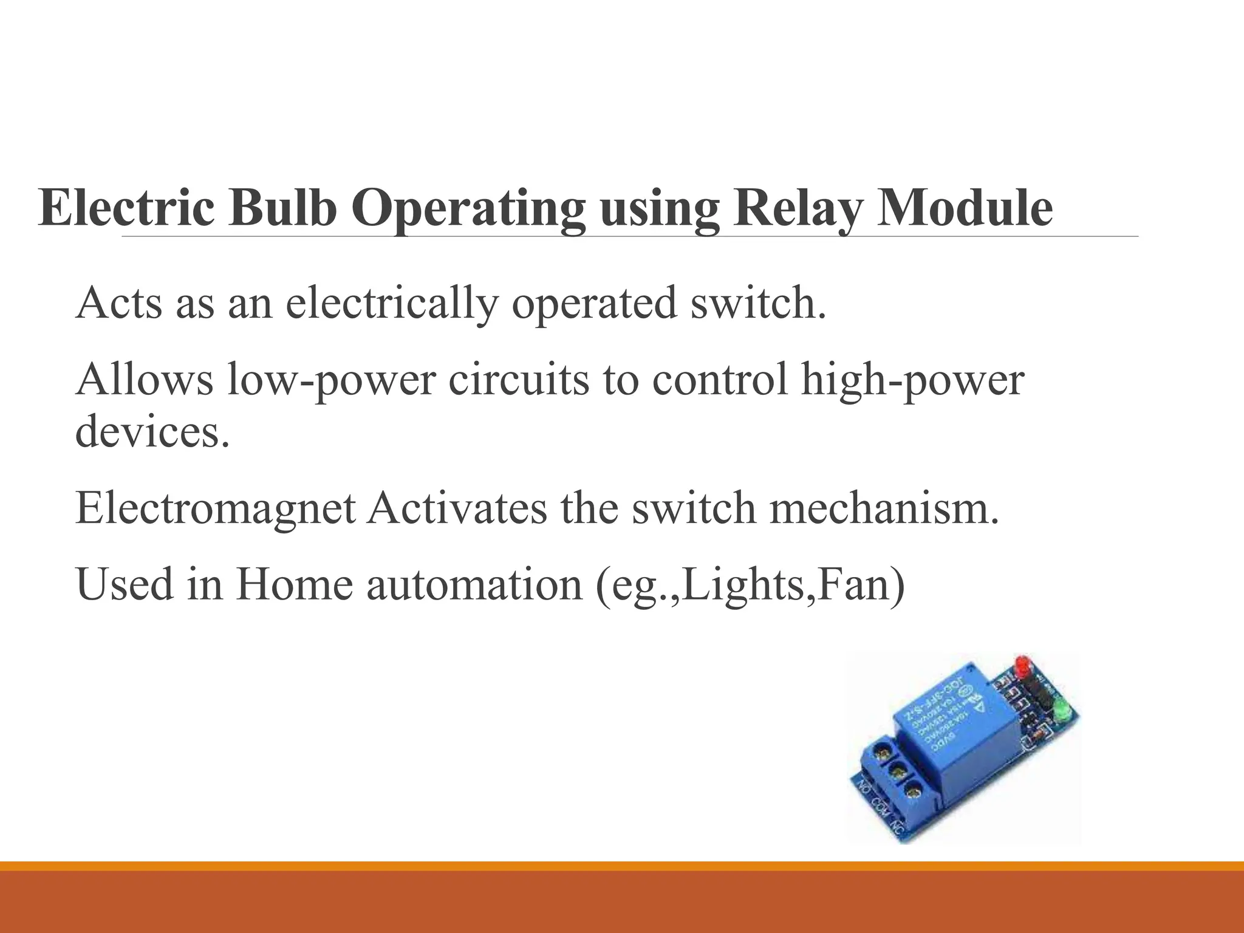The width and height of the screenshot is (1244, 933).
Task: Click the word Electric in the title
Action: [126, 208]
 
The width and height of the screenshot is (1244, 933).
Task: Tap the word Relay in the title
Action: [796, 208]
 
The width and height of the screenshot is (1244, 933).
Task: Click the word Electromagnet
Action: [216, 508]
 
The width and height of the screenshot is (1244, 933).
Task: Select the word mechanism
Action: [884, 508]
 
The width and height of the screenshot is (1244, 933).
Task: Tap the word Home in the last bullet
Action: [294, 584]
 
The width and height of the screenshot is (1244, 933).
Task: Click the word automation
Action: [474, 584]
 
